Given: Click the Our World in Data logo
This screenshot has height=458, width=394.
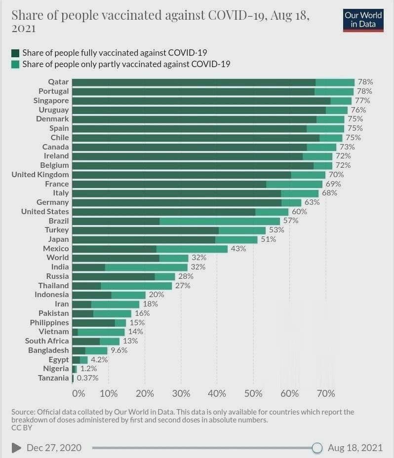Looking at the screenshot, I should pos(363,20).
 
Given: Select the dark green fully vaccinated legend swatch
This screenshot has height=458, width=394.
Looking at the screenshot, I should pos(15,53).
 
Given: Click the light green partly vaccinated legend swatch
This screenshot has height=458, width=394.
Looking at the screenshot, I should pos(15,64).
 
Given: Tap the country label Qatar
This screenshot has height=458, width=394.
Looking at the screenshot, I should pos(58,82).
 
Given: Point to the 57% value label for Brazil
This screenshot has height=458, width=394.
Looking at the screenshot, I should pos(291,221).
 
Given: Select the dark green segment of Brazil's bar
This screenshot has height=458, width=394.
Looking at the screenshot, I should pos(116,221).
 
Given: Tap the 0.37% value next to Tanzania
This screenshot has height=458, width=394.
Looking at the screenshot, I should pos(87,378).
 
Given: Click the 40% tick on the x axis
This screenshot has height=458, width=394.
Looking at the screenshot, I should pos(217,393).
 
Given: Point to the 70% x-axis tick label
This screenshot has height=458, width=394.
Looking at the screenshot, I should pos(325,393).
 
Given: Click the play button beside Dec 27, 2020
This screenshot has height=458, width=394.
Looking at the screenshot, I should pos(16,448).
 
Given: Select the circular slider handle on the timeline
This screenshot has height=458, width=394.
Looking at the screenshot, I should pos(317,448).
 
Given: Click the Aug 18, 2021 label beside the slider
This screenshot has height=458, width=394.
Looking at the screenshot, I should pos(355,448).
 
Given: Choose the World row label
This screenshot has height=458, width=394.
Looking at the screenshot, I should pos(58,258).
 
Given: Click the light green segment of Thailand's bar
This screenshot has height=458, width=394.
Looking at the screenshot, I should pos(136,286).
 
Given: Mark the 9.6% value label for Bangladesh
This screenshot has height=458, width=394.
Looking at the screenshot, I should pos(119,350).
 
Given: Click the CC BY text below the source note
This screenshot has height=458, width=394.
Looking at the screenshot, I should pos(21,428).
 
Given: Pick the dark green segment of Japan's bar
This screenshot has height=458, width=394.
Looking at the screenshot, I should pos(144,239).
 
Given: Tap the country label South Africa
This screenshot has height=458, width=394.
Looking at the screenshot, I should pos(47,341).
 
